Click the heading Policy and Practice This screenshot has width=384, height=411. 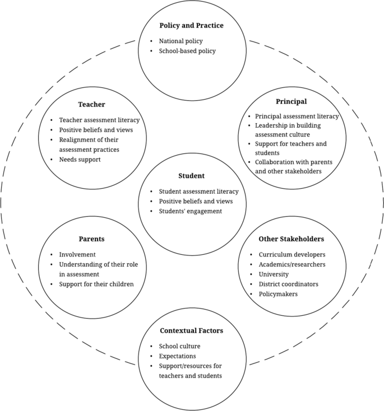coord(192,25)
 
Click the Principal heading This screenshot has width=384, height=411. coord(291,101)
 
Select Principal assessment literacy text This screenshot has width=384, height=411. coord(297,116)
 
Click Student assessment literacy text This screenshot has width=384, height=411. coord(202,192)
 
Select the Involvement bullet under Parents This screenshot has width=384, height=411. coord(77,254)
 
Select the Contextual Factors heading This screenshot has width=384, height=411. coord(191,330)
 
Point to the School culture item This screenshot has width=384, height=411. coord(179,346)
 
